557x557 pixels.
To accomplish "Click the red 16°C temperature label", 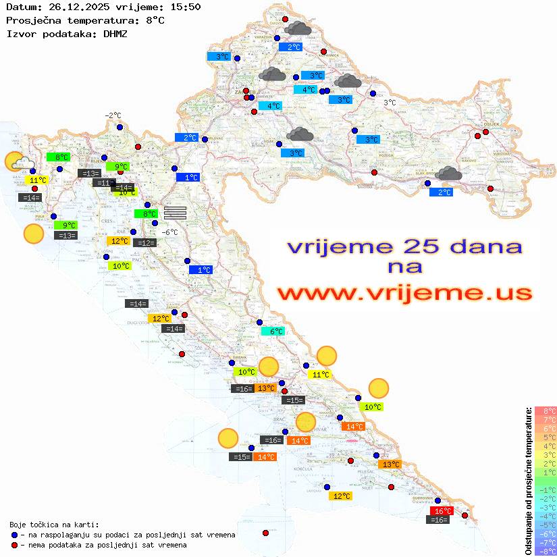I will pos(442,511).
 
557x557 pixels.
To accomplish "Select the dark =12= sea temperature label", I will pos(145,242).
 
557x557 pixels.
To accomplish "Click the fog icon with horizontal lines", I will pos(175,212).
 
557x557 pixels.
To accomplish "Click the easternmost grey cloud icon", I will pos(448,174).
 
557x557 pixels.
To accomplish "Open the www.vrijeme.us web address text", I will pos(404,294).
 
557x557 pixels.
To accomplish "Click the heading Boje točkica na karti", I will pos(54,525).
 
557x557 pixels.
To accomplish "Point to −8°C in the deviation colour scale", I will pos(545,551).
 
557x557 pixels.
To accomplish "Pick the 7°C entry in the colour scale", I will pos(545,419).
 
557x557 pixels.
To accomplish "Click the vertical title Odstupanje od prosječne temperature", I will pos(528,481).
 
